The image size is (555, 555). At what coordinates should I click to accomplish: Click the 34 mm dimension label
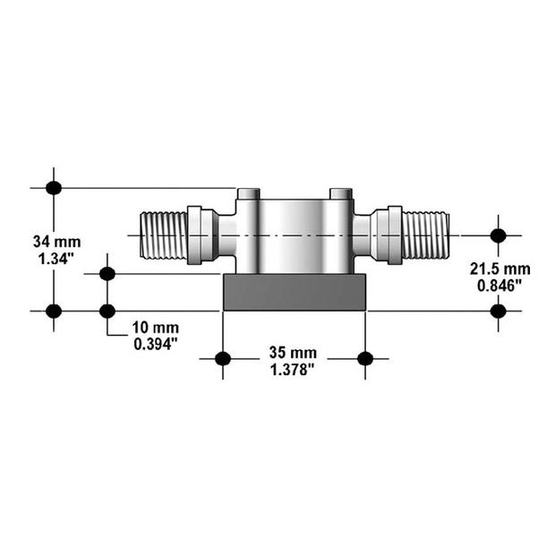[53, 242]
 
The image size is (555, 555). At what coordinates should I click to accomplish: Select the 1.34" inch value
[53, 259]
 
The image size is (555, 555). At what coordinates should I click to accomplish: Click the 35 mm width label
[294, 353]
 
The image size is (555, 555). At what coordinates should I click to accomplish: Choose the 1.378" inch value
[294, 369]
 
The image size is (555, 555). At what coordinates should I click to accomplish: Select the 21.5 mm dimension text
[499, 269]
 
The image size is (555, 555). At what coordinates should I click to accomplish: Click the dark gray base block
[295, 293]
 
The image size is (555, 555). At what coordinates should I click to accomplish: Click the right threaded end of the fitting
[425, 235]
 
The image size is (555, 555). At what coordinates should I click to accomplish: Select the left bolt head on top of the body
[249, 193]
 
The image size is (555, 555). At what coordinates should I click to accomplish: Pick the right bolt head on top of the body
[341, 193]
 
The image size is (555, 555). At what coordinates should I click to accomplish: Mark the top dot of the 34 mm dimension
[54, 187]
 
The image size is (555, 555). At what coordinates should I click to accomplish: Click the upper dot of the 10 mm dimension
[107, 273]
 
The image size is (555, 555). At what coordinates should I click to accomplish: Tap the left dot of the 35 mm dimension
[223, 359]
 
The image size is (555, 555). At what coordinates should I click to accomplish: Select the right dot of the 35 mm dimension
[364, 359]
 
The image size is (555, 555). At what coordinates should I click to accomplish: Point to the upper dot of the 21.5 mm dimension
[499, 235]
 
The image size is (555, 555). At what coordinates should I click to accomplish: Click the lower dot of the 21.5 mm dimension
[499, 311]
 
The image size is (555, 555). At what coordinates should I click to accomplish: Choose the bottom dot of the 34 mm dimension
[54, 311]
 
